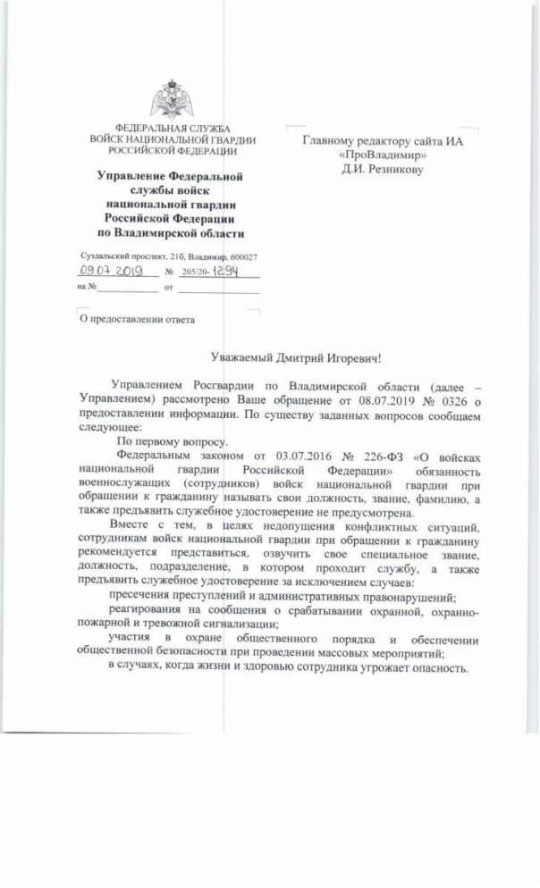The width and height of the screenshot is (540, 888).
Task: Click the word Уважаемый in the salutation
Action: click(232, 358)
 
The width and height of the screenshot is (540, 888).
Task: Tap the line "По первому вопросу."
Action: click(173, 441)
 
